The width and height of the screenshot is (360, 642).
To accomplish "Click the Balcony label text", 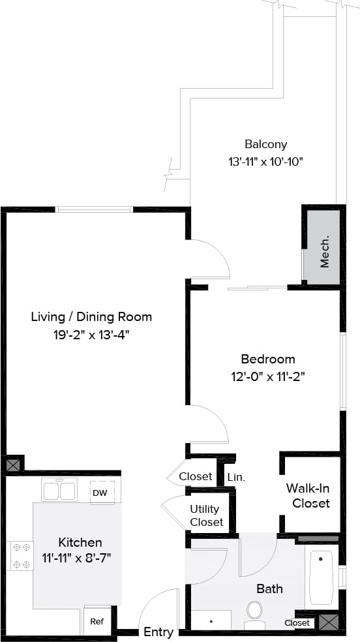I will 265,144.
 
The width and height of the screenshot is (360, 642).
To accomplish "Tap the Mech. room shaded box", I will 323,247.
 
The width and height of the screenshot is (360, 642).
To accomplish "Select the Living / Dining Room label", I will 91,317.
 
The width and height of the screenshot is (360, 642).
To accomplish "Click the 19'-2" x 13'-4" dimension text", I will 91,335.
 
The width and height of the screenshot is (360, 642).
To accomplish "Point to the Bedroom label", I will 267,359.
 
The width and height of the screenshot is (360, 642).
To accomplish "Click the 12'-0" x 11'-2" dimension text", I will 267,376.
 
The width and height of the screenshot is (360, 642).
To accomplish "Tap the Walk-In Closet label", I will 310,495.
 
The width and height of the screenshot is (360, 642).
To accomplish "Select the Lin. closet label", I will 236,477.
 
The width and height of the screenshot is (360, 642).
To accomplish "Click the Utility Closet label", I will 206,515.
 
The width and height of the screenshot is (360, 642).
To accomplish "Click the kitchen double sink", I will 59,490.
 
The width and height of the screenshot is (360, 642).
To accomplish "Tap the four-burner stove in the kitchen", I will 20,555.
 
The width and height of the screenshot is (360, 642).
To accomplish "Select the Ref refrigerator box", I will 97,622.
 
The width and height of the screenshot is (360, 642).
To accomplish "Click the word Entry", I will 158,632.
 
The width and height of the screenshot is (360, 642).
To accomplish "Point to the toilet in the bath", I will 254,611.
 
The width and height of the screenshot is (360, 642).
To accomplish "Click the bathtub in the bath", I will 321,577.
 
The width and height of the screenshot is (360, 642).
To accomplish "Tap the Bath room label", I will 269,588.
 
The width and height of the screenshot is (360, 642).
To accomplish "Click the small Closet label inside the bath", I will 297,623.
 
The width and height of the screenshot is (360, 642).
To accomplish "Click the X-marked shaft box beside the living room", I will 12,465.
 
